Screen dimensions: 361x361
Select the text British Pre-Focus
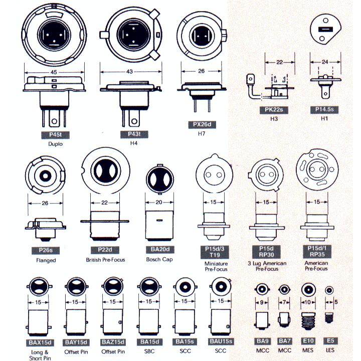pos(105,260)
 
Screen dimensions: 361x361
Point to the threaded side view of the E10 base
pos(308,320)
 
